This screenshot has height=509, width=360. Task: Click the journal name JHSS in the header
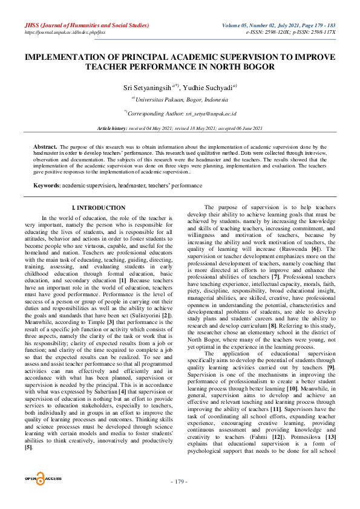click(32, 25)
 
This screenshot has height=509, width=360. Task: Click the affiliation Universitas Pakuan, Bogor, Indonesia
click(182, 99)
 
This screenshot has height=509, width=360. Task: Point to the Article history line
click(180, 129)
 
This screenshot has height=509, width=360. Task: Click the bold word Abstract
click(45, 147)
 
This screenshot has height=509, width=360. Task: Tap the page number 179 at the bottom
click(180, 499)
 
